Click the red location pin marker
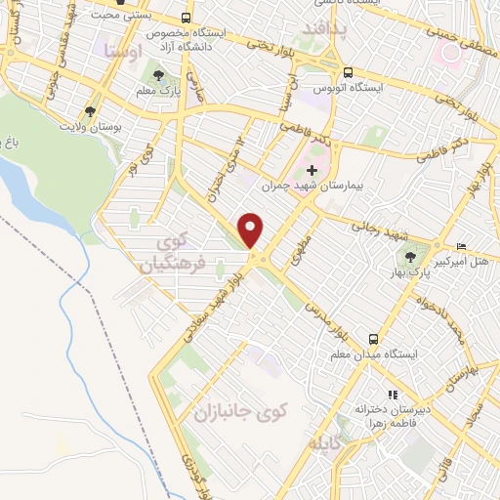[x=252, y=229]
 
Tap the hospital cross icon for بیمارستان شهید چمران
[x=312, y=172]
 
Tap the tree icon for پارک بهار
[x=408, y=258]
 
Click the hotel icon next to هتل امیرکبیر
[x=461, y=245]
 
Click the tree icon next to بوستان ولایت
[x=91, y=112]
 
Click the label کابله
[x=328, y=443]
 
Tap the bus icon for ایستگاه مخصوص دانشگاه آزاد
[x=187, y=19]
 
